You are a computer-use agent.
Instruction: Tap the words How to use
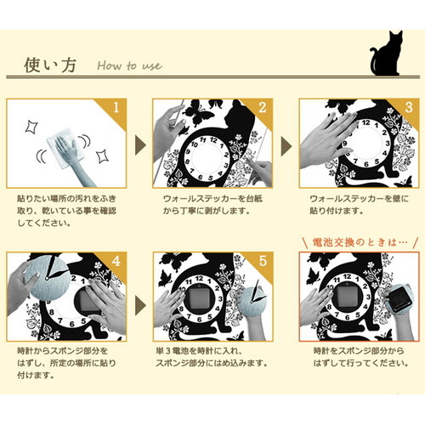coord(129,65)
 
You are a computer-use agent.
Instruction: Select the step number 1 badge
coord(117,109)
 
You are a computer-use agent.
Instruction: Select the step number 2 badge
coord(263,109)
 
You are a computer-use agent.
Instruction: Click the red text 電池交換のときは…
coord(361,241)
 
